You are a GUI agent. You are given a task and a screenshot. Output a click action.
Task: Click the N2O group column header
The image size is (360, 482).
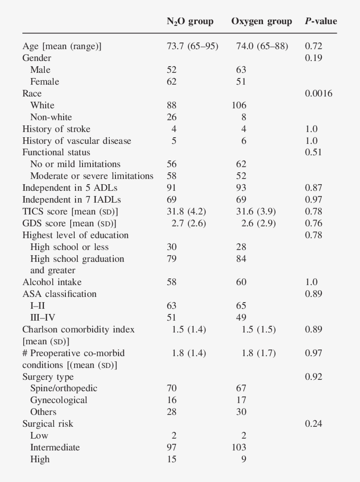[190, 21]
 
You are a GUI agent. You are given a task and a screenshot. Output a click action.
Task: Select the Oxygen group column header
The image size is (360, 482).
[261, 21]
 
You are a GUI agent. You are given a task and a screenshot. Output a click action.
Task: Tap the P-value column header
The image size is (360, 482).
[320, 21]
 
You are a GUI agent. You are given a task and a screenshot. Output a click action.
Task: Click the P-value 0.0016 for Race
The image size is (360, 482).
[318, 93]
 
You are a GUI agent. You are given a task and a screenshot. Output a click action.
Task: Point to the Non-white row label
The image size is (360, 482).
[51, 117]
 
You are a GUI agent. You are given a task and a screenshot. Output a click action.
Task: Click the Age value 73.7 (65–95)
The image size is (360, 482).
[192, 46]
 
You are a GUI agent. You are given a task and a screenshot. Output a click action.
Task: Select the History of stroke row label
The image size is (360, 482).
[56, 129]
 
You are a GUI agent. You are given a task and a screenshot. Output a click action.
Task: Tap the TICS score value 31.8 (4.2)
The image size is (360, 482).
[187, 211]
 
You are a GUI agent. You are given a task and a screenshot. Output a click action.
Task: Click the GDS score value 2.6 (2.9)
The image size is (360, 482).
[259, 223]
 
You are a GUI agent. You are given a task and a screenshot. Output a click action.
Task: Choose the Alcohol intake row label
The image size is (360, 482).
[52, 282]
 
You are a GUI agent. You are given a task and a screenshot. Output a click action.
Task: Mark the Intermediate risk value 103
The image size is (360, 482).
[239, 447]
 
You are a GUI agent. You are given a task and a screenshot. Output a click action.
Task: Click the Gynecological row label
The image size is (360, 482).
[58, 400]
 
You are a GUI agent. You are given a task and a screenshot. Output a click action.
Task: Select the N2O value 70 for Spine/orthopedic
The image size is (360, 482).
[172, 388]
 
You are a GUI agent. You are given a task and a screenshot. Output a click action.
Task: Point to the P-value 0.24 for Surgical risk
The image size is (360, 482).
[313, 424]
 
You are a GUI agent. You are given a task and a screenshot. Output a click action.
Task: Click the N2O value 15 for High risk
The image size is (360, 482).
[172, 459]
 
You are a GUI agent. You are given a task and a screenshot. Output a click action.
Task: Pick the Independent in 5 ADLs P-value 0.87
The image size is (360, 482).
[313, 188]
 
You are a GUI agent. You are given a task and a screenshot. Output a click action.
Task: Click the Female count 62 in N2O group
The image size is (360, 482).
[172, 82]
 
